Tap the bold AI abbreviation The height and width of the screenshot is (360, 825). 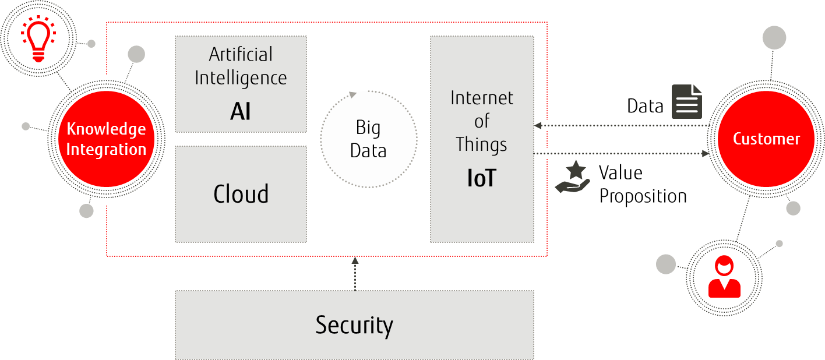pyautogui.click(x=241, y=111)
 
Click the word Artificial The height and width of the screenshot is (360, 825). pyautogui.click(x=241, y=55)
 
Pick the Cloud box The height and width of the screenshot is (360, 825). pyautogui.click(x=241, y=194)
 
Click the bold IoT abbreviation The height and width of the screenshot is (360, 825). pyautogui.click(x=481, y=178)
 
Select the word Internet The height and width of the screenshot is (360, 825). pyautogui.click(x=482, y=98)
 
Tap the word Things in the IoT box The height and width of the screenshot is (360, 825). pyautogui.click(x=481, y=144)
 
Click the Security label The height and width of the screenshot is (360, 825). pyautogui.click(x=354, y=325)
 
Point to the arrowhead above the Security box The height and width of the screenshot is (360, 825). pyautogui.click(x=355, y=260)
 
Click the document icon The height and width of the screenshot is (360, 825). pyautogui.click(x=687, y=101)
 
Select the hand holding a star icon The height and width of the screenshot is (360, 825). pyautogui.click(x=573, y=178)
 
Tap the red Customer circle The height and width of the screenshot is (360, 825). pyautogui.click(x=766, y=139)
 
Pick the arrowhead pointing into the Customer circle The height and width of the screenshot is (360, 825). pyautogui.click(x=706, y=153)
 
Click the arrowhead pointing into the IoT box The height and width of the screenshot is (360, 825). pyautogui.click(x=538, y=125)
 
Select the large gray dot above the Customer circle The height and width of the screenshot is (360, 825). pyautogui.click(x=774, y=38)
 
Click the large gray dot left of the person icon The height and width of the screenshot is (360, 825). pyautogui.click(x=666, y=264)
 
